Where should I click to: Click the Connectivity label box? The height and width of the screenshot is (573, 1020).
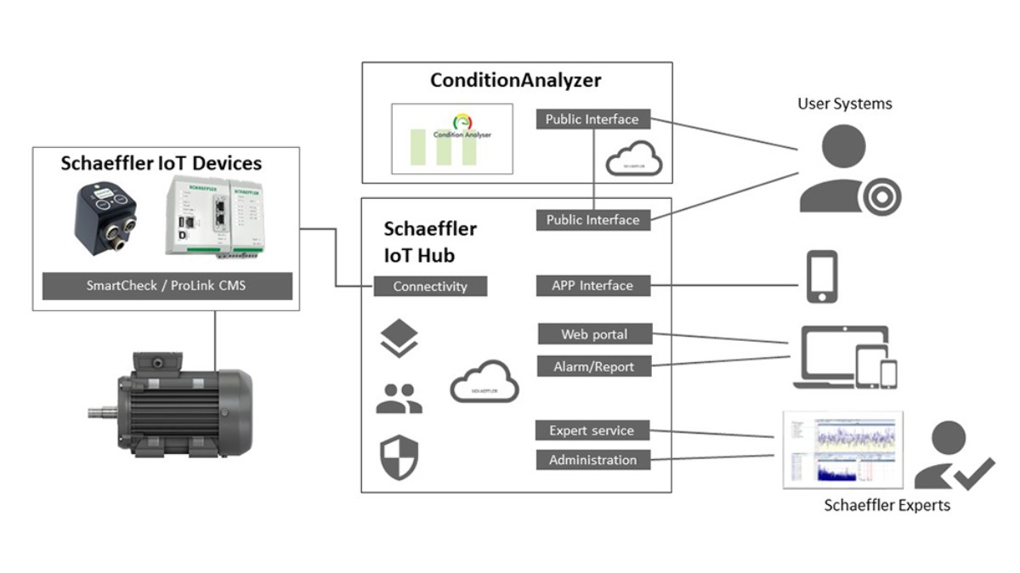pos(430,286)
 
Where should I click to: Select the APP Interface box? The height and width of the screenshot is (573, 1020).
pos(593,286)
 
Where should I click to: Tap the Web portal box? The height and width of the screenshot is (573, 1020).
pos(593,334)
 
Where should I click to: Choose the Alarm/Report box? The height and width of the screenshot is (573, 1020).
pos(593,366)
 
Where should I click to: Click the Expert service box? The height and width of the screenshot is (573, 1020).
pos(592,430)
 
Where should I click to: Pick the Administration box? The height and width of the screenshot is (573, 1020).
pos(592,460)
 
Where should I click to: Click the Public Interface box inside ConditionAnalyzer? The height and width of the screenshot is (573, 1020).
pos(592,119)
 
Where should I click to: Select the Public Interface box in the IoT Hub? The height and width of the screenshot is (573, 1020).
pos(592,220)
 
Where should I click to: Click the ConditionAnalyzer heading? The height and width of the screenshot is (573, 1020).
pos(515,81)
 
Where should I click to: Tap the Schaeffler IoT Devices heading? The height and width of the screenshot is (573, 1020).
pos(161,163)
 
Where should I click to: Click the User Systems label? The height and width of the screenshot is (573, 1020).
pos(844,104)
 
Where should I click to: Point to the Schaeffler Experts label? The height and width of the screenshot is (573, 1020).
pos(887,505)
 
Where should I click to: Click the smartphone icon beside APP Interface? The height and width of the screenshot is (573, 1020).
pos(822,276)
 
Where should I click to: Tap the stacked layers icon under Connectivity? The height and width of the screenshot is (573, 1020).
pos(399,339)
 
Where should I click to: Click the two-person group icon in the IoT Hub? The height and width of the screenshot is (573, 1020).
pos(399,398)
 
